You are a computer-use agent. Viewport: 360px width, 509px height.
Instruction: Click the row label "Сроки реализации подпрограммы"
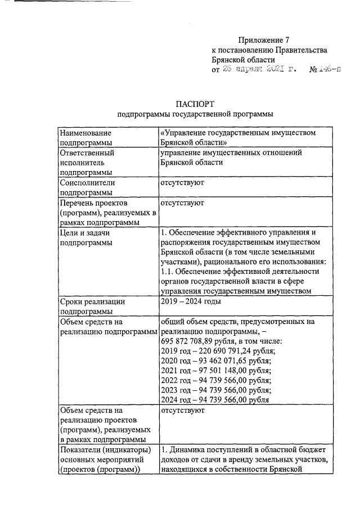[92, 306]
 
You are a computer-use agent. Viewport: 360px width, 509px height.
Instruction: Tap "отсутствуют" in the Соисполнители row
[182, 183]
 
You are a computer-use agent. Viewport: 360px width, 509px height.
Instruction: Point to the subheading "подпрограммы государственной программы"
[195, 114]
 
